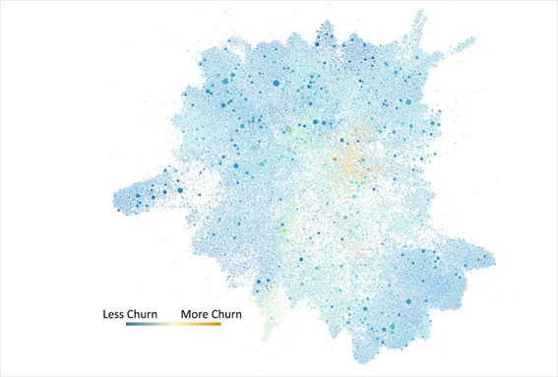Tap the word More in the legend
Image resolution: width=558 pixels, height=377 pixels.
[x=197, y=316]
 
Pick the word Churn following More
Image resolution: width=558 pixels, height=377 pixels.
[x=236, y=316]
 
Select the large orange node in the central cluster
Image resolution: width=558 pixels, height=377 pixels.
[x=335, y=157]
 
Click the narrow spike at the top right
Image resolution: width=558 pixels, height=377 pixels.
[x=420, y=15]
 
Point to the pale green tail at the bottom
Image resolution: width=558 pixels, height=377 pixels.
[x=264, y=340]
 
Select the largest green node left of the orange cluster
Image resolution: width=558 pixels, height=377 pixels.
[x=287, y=129]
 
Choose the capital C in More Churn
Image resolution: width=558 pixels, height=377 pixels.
[x=221, y=316]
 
